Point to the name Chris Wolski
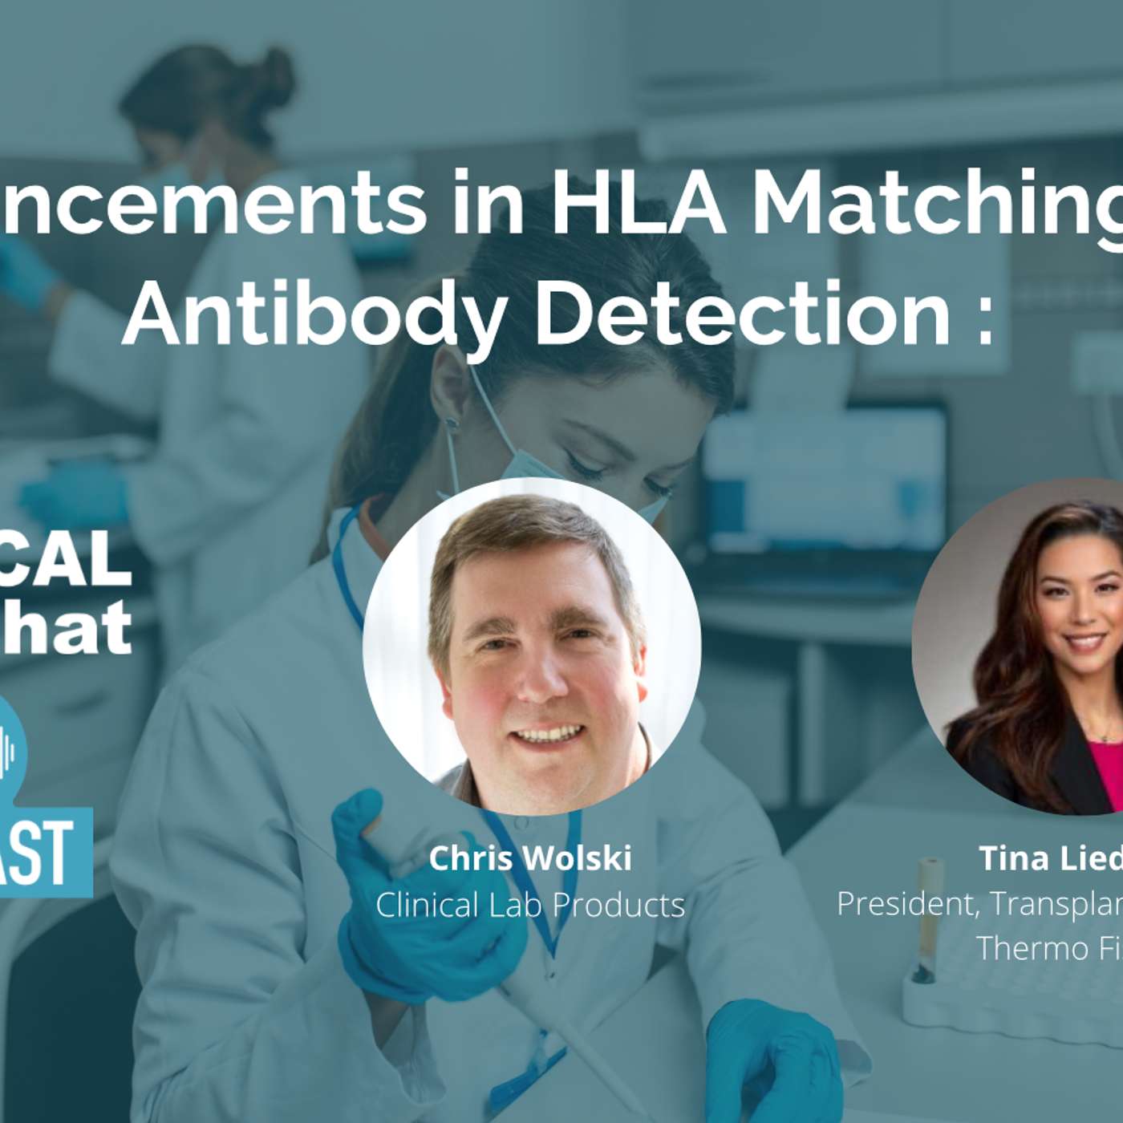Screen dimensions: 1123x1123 [530, 858]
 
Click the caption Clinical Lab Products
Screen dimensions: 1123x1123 [530, 905]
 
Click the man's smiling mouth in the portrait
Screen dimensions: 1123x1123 [548, 734]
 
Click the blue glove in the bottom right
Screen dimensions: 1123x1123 [770, 1059]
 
